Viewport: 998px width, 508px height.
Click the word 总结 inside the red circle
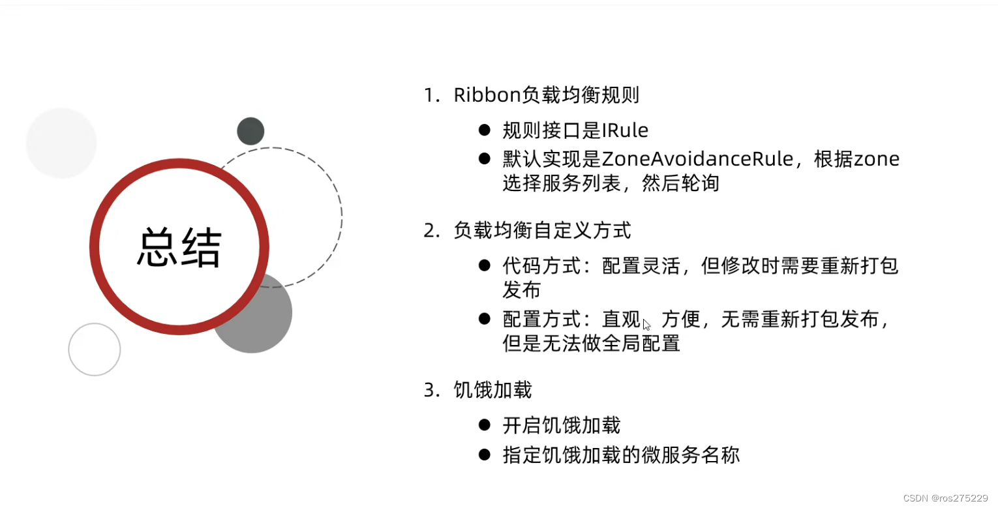click(179, 247)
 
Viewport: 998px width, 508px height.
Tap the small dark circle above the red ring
click(250, 131)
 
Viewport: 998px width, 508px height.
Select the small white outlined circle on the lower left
click(95, 350)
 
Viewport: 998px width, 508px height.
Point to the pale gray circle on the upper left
click(61, 143)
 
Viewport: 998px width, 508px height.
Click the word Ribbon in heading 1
click(487, 95)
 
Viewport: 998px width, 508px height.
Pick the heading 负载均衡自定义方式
click(542, 231)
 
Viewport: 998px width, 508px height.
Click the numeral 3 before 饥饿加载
click(429, 391)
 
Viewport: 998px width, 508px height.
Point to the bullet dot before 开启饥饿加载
click(484, 425)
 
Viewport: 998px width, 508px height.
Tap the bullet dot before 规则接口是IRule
click(484, 130)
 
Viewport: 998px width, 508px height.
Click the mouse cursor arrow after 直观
click(646, 324)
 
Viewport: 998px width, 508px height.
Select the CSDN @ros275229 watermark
click(946, 498)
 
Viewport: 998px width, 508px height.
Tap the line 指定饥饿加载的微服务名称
click(621, 455)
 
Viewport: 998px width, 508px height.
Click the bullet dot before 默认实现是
click(484, 158)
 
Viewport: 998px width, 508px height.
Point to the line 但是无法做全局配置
click(592, 344)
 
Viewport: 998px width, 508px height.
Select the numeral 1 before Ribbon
click(429, 96)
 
